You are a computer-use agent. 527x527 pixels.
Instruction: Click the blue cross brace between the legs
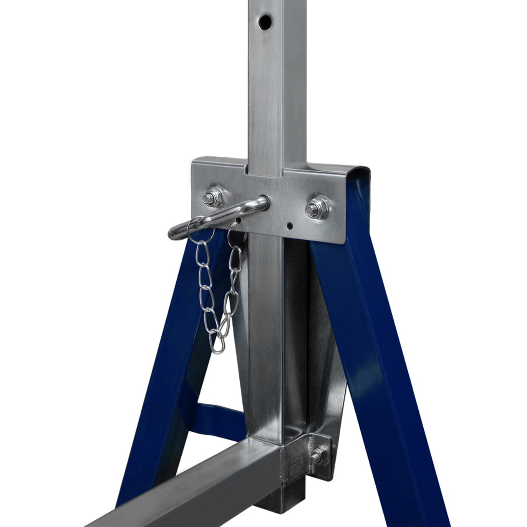tap(219, 417)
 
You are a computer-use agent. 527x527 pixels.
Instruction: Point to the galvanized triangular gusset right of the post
tap(323, 346)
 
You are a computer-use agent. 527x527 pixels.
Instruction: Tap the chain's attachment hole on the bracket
tap(239, 220)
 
